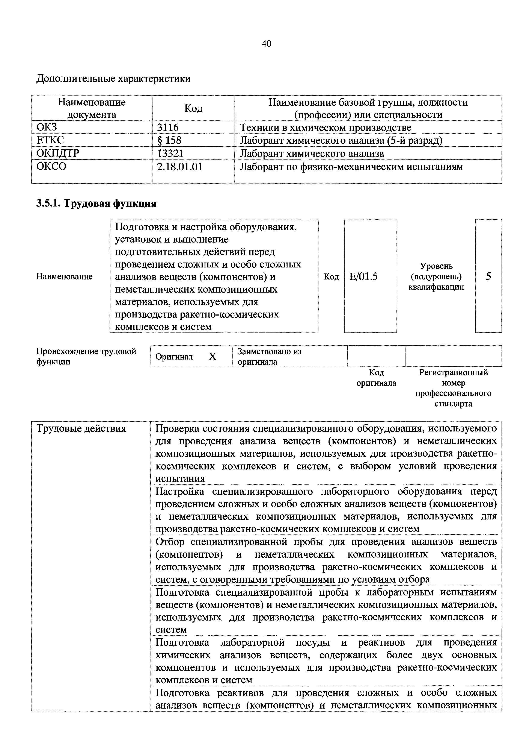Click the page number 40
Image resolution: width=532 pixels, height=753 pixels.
(x=266, y=44)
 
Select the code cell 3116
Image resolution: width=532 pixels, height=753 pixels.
(x=168, y=127)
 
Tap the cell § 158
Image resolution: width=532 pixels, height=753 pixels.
(x=169, y=140)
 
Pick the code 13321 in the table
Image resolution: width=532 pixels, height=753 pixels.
(x=170, y=153)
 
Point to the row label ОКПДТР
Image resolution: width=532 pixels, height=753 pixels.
(x=58, y=153)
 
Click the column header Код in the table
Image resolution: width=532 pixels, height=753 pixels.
(x=193, y=108)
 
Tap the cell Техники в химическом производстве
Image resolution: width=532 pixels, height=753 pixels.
(x=326, y=128)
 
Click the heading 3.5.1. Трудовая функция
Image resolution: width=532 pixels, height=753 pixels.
(x=96, y=204)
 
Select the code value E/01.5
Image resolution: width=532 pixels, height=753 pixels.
(x=364, y=276)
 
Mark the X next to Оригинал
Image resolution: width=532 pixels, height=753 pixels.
(x=212, y=357)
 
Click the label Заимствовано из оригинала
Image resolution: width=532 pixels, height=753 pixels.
(x=269, y=357)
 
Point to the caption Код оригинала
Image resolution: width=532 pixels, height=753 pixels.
(x=376, y=378)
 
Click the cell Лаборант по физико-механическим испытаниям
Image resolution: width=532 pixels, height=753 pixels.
(x=351, y=167)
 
